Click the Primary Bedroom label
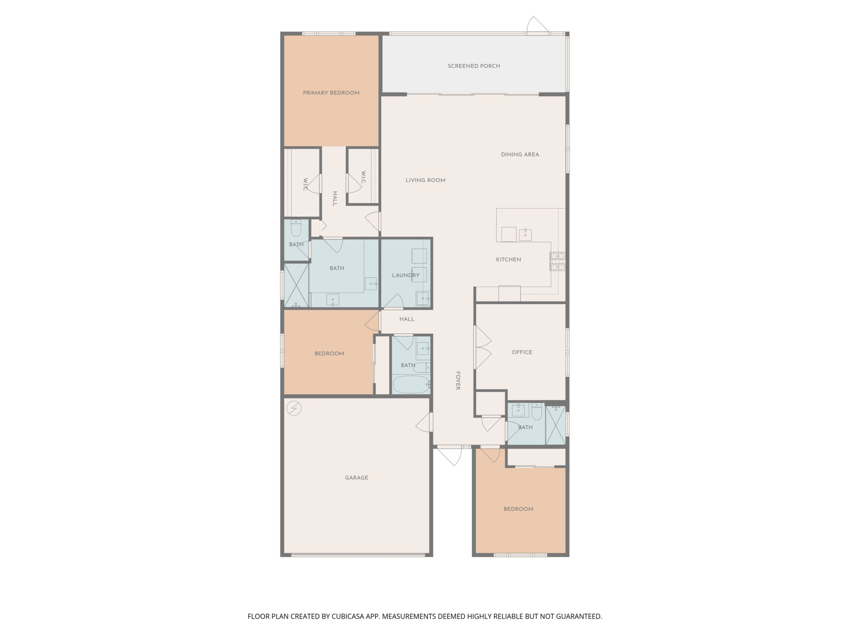tap(331, 93)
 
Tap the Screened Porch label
tap(474, 66)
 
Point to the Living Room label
tap(425, 180)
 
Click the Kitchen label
tap(508, 260)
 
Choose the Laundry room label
tap(406, 275)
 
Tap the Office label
tap(522, 352)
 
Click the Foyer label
tap(458, 381)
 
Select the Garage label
tap(357, 477)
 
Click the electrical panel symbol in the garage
tap(294, 408)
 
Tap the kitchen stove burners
tap(557, 261)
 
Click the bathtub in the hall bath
tap(411, 384)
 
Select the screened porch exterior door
tap(537, 25)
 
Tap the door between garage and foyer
tap(424, 422)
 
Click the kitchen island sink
tap(525, 234)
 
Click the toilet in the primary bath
tap(296, 228)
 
